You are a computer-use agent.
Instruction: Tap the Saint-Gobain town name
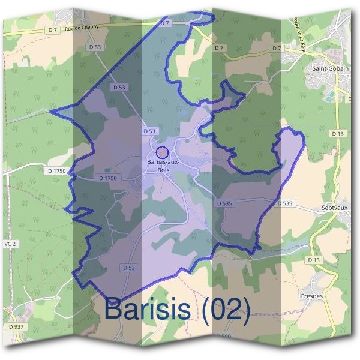pyautogui.click(x=326, y=69)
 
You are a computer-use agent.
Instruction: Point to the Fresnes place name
pyautogui.click(x=312, y=296)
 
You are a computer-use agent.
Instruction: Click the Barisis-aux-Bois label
pyautogui.click(x=163, y=165)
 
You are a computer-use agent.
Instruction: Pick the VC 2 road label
pyautogui.click(x=9, y=244)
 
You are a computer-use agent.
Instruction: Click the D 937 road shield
pyautogui.click(x=16, y=326)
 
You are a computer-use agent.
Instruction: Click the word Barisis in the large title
pyautogui.click(x=148, y=309)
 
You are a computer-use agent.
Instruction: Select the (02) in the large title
pyautogui.click(x=226, y=309)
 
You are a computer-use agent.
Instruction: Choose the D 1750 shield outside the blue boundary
pyautogui.click(x=56, y=171)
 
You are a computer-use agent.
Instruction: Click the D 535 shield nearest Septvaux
pyautogui.click(x=285, y=204)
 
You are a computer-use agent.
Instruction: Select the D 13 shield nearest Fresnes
pyautogui.click(x=313, y=260)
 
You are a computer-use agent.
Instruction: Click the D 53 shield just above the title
pyautogui.click(x=128, y=268)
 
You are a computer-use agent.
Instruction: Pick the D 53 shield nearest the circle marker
pyautogui.click(x=149, y=131)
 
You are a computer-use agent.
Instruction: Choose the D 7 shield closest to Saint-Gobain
pyautogui.click(x=277, y=48)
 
